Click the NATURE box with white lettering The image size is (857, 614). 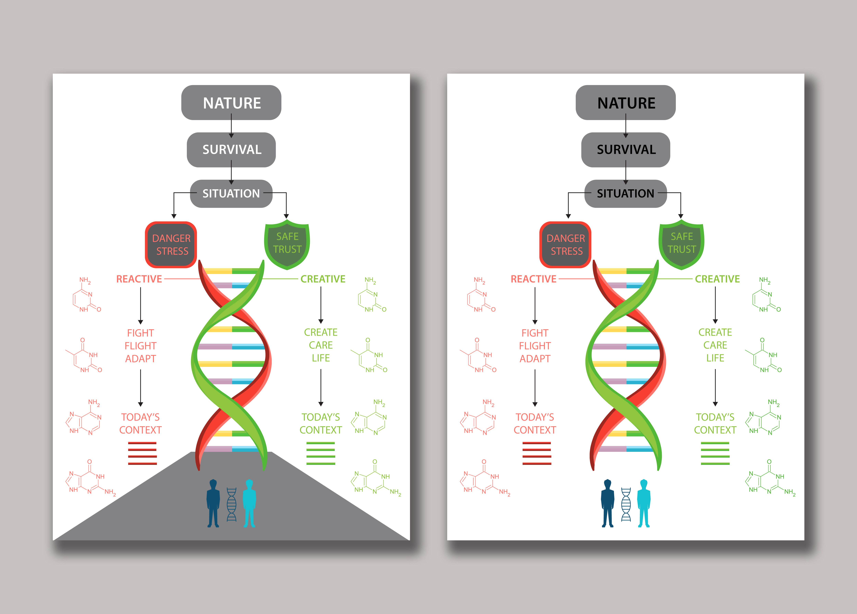pyautogui.click(x=231, y=103)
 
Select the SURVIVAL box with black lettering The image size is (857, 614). pyautogui.click(x=626, y=150)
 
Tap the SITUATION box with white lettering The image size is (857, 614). pyautogui.click(x=231, y=193)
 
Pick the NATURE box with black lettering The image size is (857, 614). pyautogui.click(x=626, y=103)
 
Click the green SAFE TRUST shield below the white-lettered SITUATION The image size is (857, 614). pyautogui.click(x=287, y=244)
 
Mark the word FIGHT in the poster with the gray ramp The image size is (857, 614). pyautogui.click(x=141, y=333)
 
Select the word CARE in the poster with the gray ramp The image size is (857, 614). pyautogui.click(x=321, y=345)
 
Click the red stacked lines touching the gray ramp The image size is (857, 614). pyautogui.click(x=142, y=453)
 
